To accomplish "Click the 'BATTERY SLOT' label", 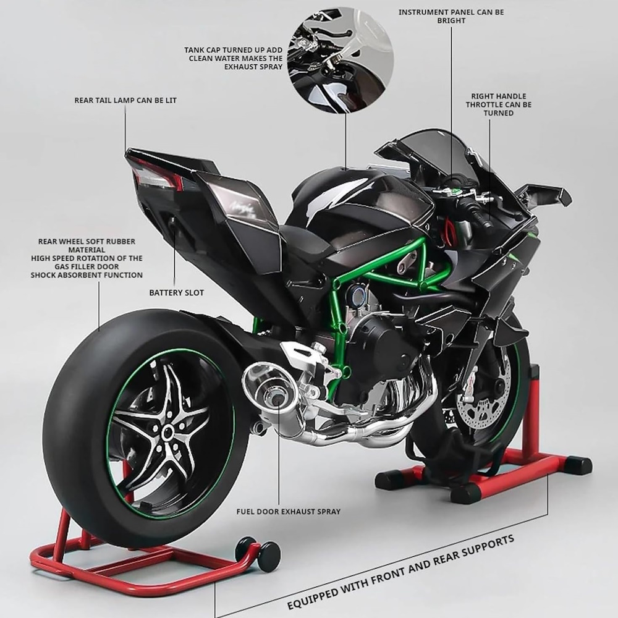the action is [x=176, y=292].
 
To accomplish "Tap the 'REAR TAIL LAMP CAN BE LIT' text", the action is [x=125, y=100].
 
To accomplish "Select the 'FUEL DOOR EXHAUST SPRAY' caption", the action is [x=288, y=512].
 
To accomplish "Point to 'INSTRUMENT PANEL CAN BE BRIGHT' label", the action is [x=451, y=16].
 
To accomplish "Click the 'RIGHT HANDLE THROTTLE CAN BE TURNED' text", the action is [x=499, y=104].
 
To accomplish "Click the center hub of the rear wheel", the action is [x=167, y=432].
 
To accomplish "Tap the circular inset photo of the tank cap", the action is [x=341, y=60].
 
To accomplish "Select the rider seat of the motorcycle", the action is [x=303, y=234].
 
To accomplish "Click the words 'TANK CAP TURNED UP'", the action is [x=234, y=50].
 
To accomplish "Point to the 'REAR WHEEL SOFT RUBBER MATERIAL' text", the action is [x=87, y=245].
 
